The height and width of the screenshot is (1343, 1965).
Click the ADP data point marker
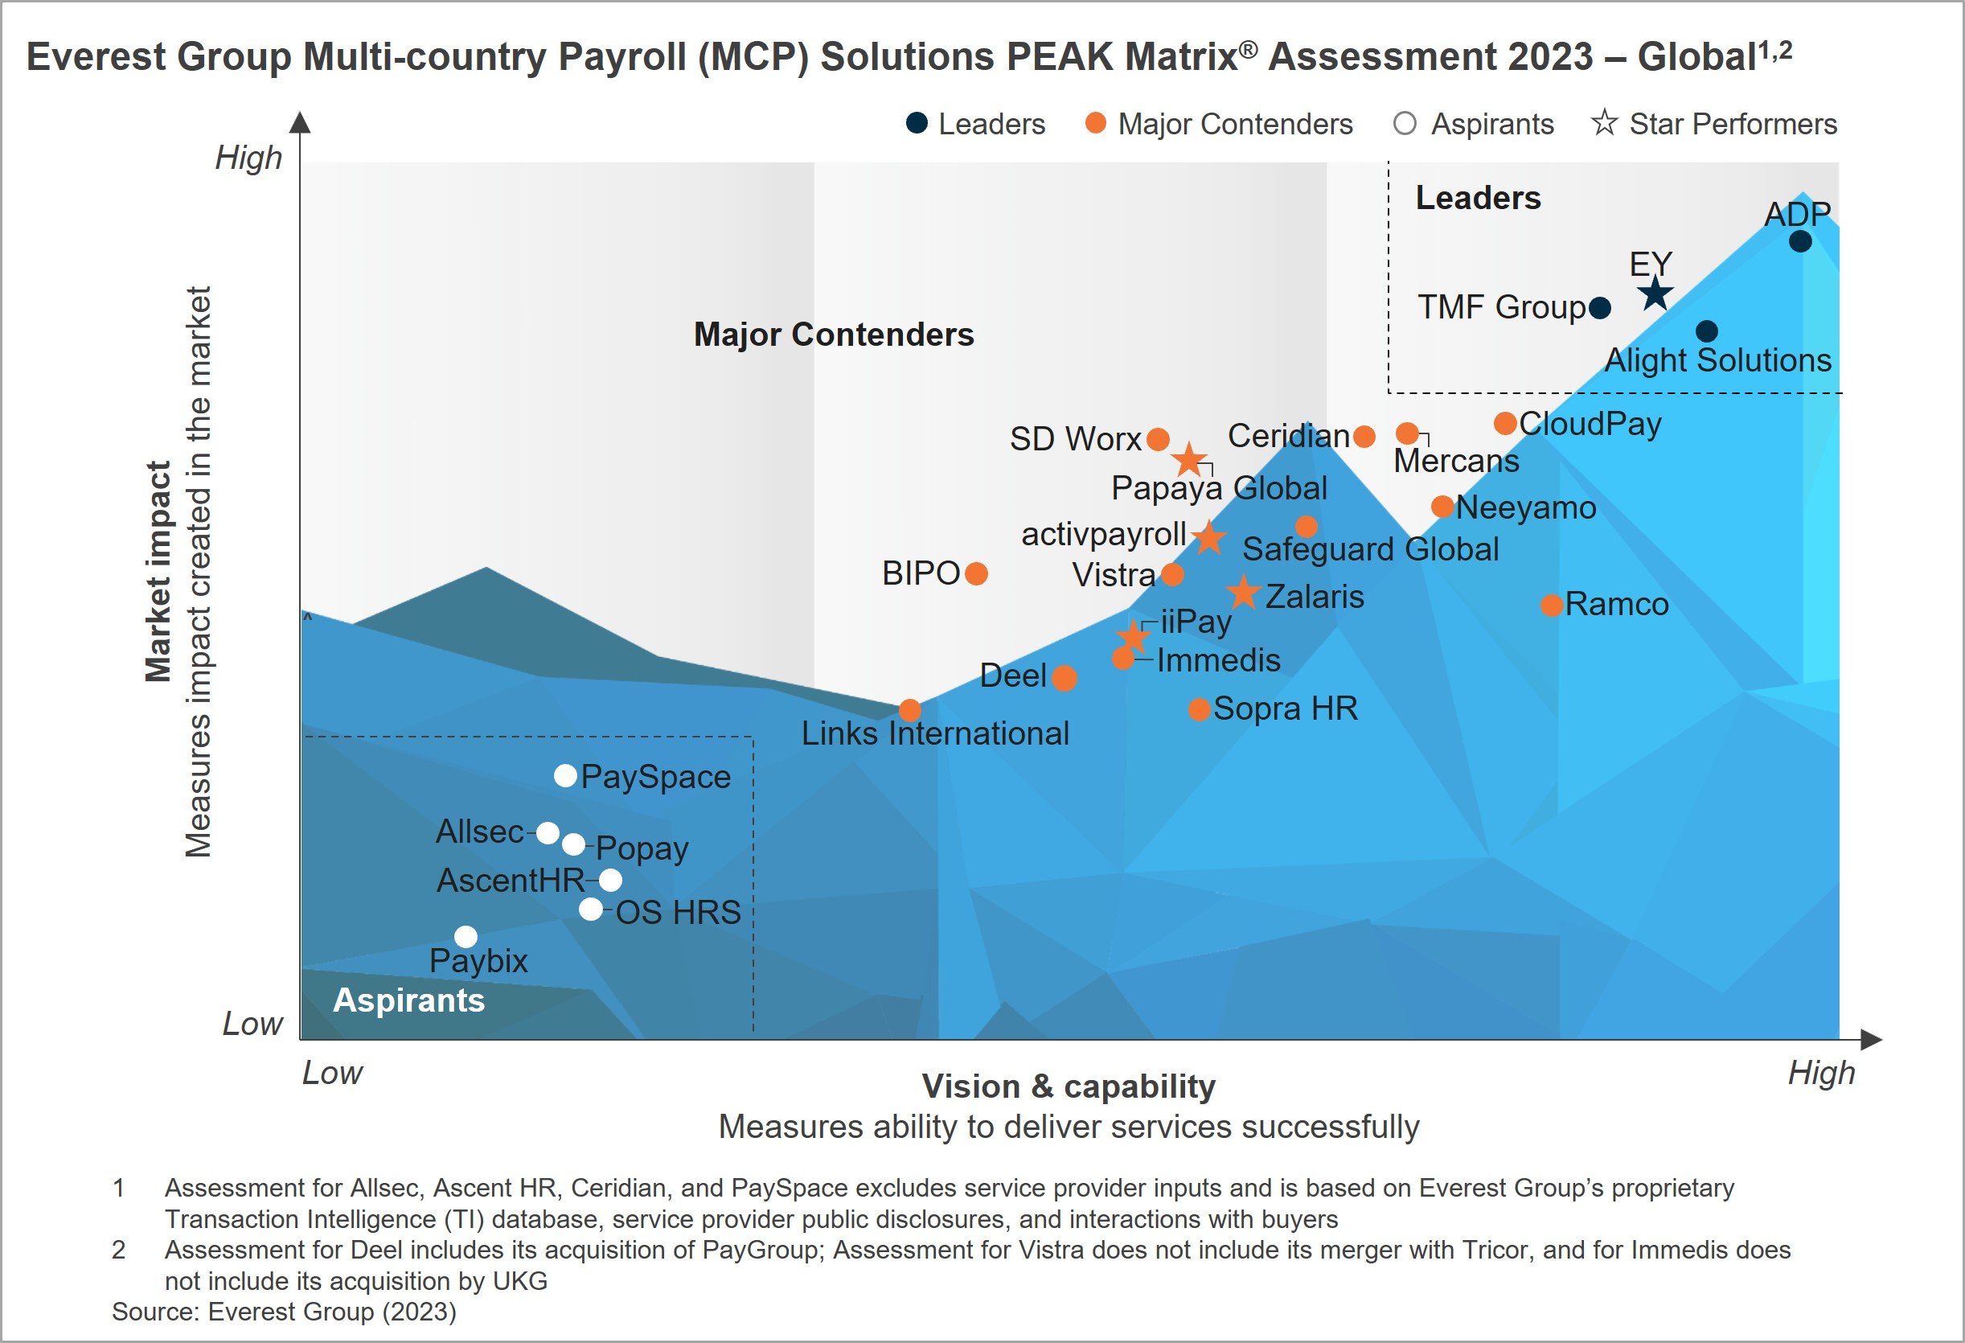tap(1800, 242)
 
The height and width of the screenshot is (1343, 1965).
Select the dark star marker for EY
tap(1655, 295)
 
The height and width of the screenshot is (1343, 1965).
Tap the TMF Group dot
tap(1599, 308)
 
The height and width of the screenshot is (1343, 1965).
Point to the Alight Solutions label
tap(1717, 360)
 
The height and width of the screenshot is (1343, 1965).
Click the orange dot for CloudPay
tap(1505, 423)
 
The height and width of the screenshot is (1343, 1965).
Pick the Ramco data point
tap(1551, 606)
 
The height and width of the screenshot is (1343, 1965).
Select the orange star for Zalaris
tap(1243, 593)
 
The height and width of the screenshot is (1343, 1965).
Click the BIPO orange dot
tap(976, 574)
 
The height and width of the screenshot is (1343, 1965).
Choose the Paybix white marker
tap(466, 937)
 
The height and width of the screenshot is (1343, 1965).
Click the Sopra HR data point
tap(1198, 709)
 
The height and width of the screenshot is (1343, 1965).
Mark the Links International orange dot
tap(910, 709)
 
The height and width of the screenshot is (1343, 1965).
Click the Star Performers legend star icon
tap(1603, 124)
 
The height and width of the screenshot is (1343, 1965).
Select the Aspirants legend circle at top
tap(1405, 125)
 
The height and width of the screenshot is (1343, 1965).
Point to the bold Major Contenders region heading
tap(833, 335)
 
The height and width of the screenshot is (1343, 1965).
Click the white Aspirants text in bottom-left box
tap(408, 1000)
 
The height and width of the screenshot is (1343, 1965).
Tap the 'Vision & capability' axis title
tap(1068, 1086)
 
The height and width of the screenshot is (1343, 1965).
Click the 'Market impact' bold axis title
tap(158, 572)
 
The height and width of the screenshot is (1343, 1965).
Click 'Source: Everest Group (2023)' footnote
tap(284, 1312)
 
